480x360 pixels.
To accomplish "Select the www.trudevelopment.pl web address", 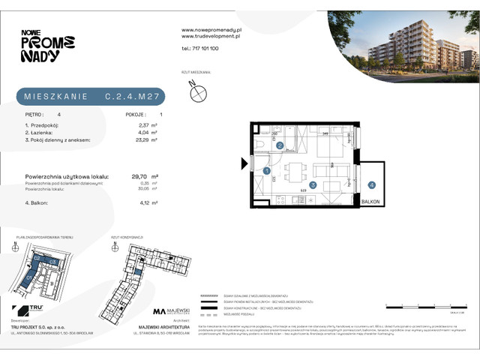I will tap(210, 35).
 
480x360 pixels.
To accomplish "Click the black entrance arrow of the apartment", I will tap(244, 162).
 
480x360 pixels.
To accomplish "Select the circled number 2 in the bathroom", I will tap(278, 145).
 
